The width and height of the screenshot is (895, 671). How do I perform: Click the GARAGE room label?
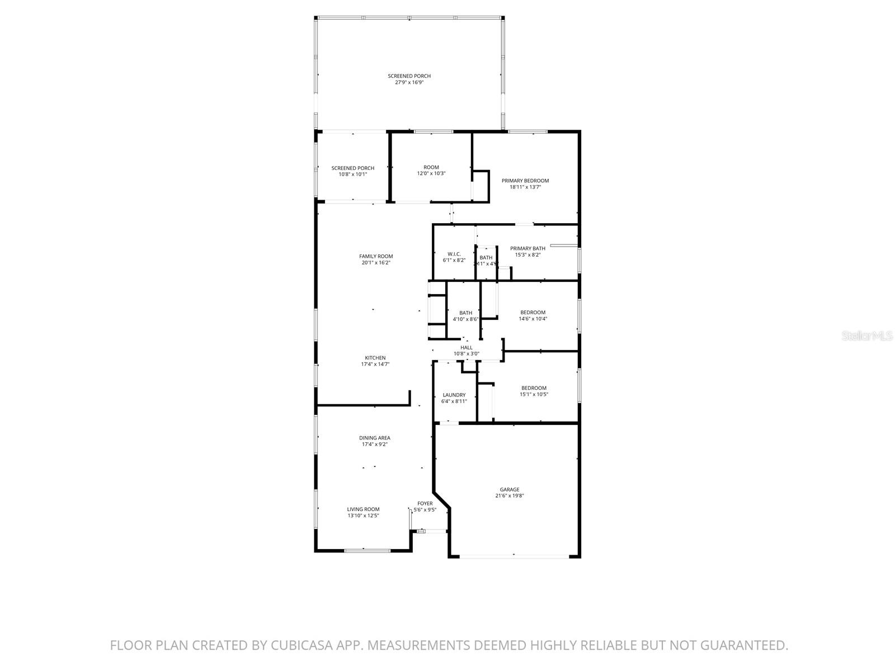point(509,489)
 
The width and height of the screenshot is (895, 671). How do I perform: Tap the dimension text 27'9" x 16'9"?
point(409,82)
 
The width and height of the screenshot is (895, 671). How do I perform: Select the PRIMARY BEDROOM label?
point(525,181)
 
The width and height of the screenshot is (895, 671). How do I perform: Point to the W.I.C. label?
point(454,254)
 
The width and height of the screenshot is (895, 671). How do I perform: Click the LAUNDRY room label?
point(454,395)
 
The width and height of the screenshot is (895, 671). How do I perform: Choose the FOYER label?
point(425,503)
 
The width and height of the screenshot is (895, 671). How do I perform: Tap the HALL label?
point(466,347)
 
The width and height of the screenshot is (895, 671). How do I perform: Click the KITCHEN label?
point(375,358)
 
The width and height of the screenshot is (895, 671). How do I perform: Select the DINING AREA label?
point(374,438)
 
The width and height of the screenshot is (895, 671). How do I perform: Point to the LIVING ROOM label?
point(363,509)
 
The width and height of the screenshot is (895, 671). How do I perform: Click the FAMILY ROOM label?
point(376,256)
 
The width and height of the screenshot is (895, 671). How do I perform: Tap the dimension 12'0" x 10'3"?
point(431,173)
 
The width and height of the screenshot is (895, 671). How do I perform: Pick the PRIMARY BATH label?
point(527,248)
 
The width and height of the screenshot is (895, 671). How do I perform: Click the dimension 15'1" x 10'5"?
point(534,394)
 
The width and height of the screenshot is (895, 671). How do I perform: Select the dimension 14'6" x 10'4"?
point(533,319)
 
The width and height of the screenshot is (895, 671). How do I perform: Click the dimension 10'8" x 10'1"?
point(352,174)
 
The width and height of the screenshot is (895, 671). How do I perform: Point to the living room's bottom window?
point(367,551)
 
